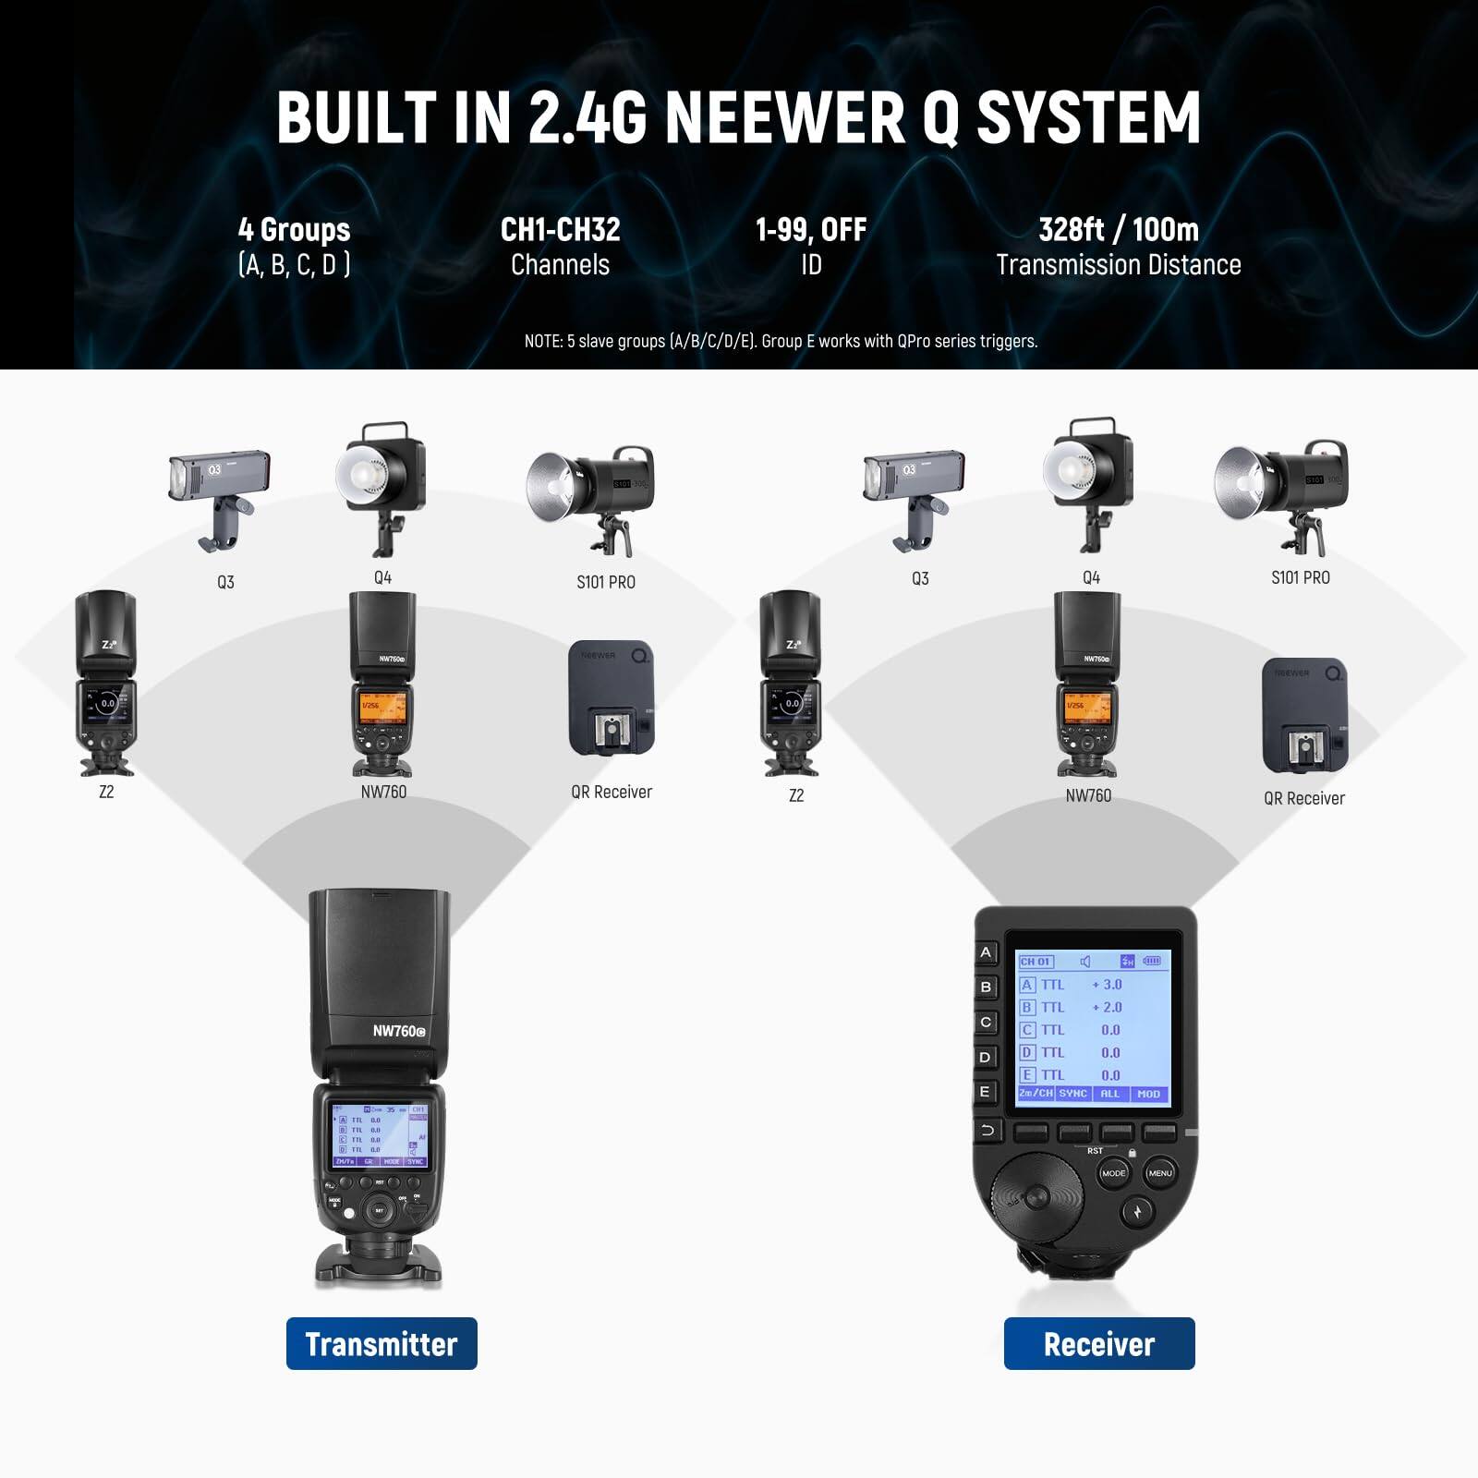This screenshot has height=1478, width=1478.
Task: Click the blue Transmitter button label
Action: (x=382, y=1343)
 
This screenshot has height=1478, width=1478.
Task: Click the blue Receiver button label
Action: (x=1099, y=1343)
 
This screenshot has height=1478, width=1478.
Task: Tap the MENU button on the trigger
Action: (x=1160, y=1173)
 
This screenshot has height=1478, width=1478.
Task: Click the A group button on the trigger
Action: (x=986, y=952)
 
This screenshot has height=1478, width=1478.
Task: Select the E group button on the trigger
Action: (x=986, y=1091)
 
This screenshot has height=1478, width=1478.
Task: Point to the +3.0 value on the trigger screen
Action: (x=1107, y=985)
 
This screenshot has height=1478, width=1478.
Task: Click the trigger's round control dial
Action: (x=1036, y=1198)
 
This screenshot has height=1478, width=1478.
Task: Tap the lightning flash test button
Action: (x=1137, y=1210)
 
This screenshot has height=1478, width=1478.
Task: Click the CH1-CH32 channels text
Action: (x=560, y=229)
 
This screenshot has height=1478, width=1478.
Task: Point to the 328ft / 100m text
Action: (x=1118, y=229)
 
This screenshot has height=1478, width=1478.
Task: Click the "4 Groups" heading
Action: (x=294, y=229)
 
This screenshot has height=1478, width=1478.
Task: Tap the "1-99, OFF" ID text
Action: (x=811, y=229)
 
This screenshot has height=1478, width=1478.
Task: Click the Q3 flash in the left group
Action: (x=219, y=495)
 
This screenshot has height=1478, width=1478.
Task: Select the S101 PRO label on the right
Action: (x=1300, y=577)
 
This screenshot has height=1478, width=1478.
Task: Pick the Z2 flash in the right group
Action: (x=790, y=684)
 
